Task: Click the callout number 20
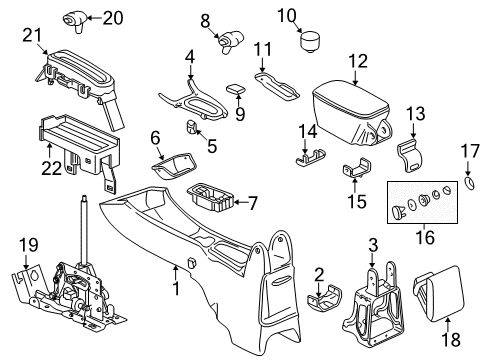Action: pos(113,17)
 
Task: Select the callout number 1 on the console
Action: pos(177,292)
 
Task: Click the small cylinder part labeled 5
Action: pos(190,127)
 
